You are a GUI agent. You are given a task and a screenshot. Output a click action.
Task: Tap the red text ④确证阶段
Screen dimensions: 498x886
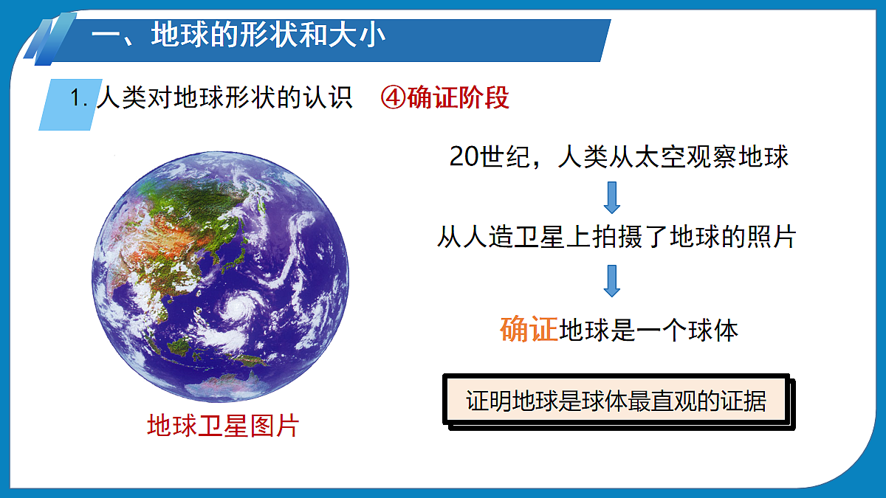[444, 98]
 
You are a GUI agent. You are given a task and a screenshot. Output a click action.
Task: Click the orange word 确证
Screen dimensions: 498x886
[529, 330]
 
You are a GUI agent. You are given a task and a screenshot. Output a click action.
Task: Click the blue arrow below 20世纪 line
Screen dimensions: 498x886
[612, 196]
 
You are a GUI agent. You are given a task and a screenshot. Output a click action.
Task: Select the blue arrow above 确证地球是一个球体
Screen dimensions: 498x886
[612, 280]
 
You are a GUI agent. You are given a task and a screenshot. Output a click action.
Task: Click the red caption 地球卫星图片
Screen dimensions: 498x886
[222, 426]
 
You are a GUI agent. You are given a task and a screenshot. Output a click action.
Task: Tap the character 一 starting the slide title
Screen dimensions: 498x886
[108, 36]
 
